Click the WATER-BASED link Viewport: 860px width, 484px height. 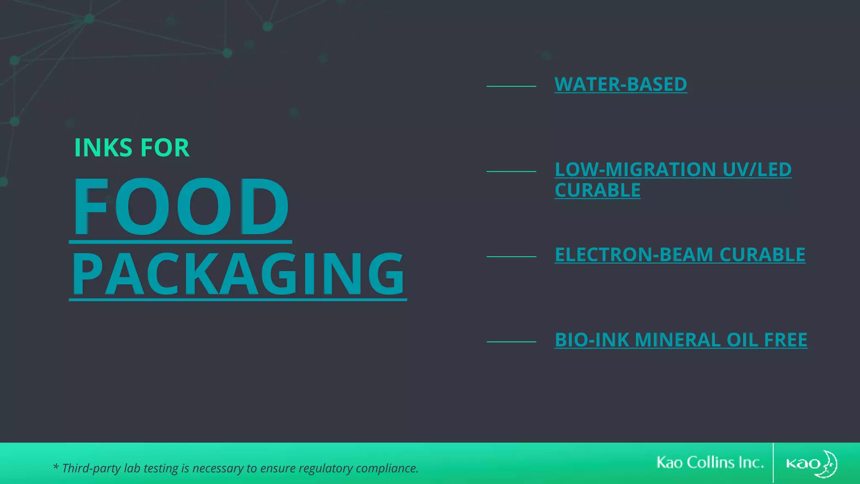621,84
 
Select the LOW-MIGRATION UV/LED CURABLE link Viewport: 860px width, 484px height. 673,170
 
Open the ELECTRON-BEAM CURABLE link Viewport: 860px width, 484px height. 680,255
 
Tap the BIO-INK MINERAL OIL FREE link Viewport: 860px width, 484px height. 681,340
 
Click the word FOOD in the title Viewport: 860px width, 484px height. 181,207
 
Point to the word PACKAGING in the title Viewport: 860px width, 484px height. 238,274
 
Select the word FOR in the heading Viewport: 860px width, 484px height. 165,148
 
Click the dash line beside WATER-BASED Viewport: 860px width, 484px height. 511,86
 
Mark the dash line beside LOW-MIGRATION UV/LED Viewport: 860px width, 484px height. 511,171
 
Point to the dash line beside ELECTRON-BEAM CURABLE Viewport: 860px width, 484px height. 511,256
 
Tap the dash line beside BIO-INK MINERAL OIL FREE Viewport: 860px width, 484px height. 511,342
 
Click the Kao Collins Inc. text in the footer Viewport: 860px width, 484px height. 710,463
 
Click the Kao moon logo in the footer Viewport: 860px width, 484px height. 812,463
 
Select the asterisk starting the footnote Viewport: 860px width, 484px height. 55,467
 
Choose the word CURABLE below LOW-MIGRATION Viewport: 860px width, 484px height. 598,191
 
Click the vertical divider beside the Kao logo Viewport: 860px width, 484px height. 773,463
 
